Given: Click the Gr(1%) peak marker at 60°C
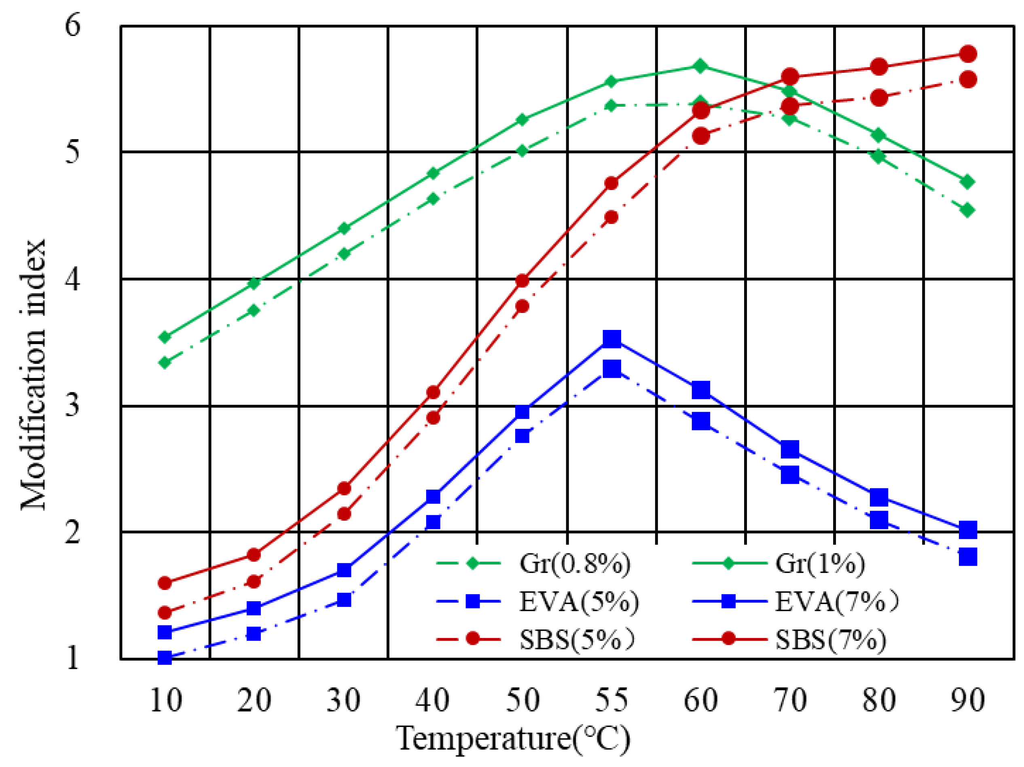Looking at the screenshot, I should pyautogui.click(x=700, y=66).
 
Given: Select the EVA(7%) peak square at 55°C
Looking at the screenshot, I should pyautogui.click(x=611, y=339).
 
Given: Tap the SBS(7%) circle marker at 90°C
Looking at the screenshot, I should pyautogui.click(x=967, y=54).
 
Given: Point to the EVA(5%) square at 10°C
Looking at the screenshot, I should pyautogui.click(x=165, y=657).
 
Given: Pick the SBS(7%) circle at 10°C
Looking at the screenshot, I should pyautogui.click(x=165, y=583).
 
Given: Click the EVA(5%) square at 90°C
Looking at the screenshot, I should pyautogui.click(x=967, y=556).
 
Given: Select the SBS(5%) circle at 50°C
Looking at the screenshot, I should pyautogui.click(x=522, y=306).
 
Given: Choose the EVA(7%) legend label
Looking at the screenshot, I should pyautogui.click(x=836, y=602).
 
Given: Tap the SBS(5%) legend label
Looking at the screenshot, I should pyautogui.click(x=576, y=640).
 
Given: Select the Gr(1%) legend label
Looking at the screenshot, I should pyautogui.click(x=820, y=564).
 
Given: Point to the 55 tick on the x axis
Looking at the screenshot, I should pyautogui.click(x=611, y=700).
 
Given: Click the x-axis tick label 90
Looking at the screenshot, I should pyautogui.click(x=967, y=700).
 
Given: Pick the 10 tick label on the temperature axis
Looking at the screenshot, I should pyautogui.click(x=165, y=700).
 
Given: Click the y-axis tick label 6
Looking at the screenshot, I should pyautogui.click(x=72, y=25).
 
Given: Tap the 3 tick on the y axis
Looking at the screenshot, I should pyautogui.click(x=72, y=406).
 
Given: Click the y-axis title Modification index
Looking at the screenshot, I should pyautogui.click(x=33, y=375).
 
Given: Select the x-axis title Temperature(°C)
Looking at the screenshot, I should pyautogui.click(x=513, y=739).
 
